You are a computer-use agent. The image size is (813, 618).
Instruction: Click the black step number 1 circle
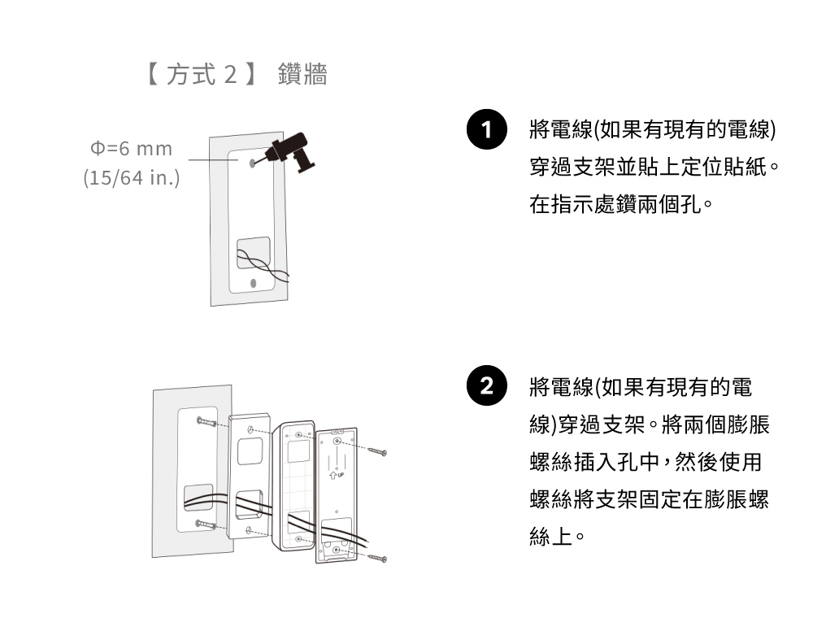pyautogui.click(x=486, y=131)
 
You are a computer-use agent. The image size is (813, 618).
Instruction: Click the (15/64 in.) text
pyautogui.click(x=132, y=177)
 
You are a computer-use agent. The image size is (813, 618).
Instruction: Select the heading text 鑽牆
pyautogui.click(x=302, y=76)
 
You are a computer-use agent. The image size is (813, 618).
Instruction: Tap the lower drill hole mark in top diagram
pyautogui.click(x=253, y=282)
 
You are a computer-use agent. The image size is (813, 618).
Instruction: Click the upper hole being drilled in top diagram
pyautogui.click(x=253, y=163)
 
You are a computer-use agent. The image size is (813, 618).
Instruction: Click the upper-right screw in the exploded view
pyautogui.click(x=376, y=450)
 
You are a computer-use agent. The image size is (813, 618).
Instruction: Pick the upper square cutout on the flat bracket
pyautogui.click(x=250, y=450)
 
